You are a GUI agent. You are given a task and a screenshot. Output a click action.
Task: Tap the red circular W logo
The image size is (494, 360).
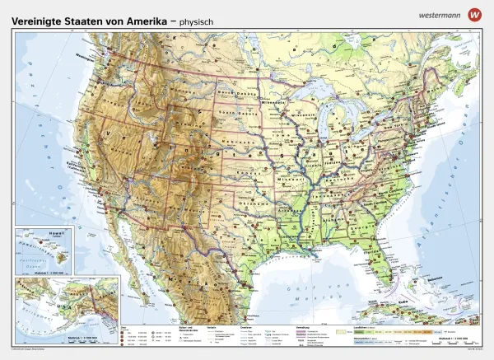tap(473, 14)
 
